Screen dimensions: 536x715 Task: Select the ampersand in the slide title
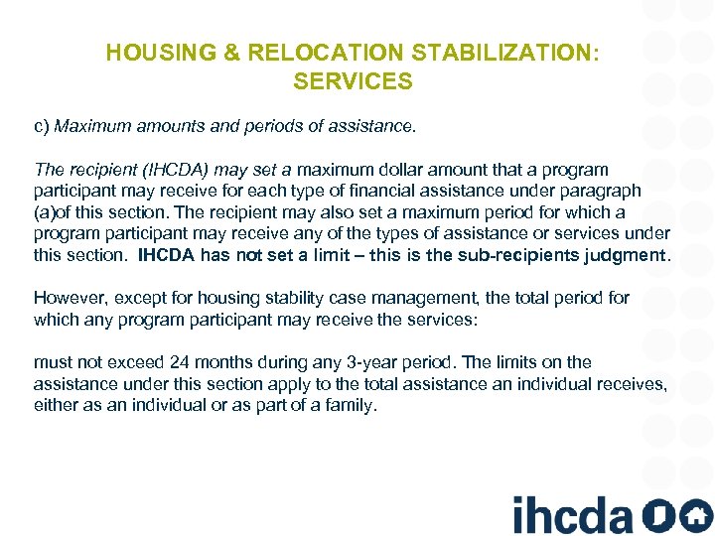click(233, 53)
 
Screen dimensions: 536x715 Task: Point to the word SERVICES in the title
click(353, 81)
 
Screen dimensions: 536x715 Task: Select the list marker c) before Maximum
click(42, 127)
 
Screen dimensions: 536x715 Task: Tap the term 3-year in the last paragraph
click(406, 362)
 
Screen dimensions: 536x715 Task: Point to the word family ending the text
click(351, 405)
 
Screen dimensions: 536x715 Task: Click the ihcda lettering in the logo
click(572, 515)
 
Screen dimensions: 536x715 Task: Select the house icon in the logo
click(695, 515)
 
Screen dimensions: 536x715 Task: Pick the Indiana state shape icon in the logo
click(655, 515)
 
